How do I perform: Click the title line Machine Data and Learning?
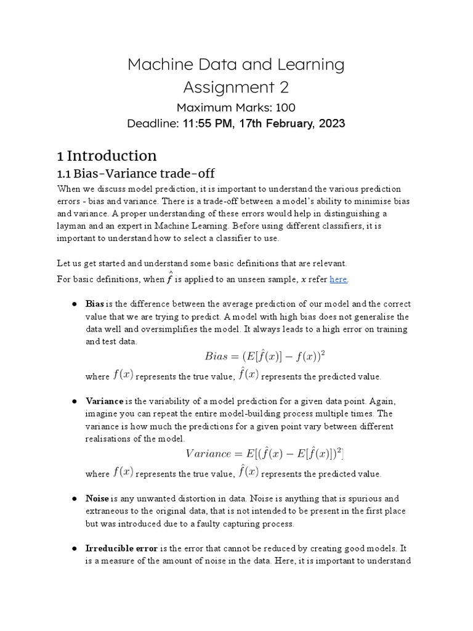pyautogui.click(x=236, y=64)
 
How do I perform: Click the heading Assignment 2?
pyautogui.click(x=236, y=87)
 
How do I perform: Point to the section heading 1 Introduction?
pyautogui.click(x=107, y=155)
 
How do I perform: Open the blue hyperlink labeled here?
pyautogui.click(x=338, y=279)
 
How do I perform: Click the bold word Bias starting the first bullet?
pyautogui.click(x=95, y=304)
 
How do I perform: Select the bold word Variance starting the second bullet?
pyautogui.click(x=103, y=401)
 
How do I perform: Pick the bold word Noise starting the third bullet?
pyautogui.click(x=97, y=498)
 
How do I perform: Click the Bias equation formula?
pyautogui.click(x=265, y=356)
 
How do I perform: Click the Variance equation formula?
pyautogui.click(x=265, y=454)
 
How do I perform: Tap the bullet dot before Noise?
pyautogui.click(x=73, y=498)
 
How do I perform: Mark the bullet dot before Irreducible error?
pyautogui.click(x=73, y=547)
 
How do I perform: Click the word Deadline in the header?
pyautogui.click(x=152, y=123)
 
